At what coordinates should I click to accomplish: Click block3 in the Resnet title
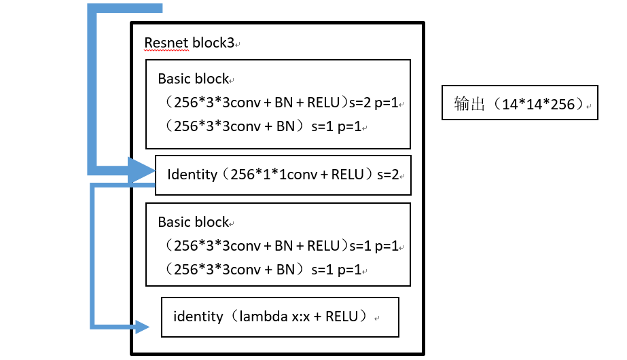(213, 43)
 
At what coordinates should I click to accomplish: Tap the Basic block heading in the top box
(193, 79)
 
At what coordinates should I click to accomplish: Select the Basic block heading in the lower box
(193, 222)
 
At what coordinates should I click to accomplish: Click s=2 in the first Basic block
(361, 103)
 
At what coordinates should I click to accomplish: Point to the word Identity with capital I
(192, 175)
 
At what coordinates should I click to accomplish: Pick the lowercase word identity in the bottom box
(198, 316)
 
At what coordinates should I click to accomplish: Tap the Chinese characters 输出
(468, 104)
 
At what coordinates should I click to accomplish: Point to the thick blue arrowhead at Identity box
(142, 170)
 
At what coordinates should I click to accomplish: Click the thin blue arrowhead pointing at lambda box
(142, 327)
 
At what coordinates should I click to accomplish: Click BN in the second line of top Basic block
(285, 126)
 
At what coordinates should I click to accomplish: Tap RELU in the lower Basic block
(323, 245)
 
